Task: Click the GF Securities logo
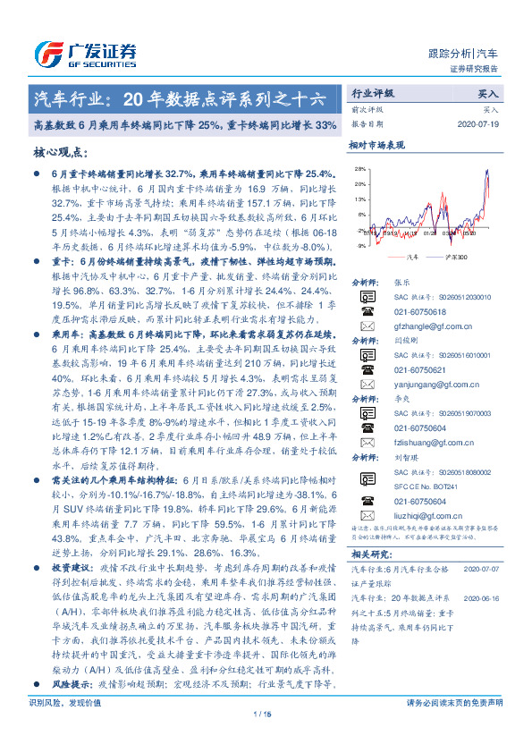click(85, 53)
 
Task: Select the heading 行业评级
click(372, 92)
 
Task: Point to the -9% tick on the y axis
click(360, 245)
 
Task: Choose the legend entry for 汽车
click(411, 256)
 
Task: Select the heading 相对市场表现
click(376, 144)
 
